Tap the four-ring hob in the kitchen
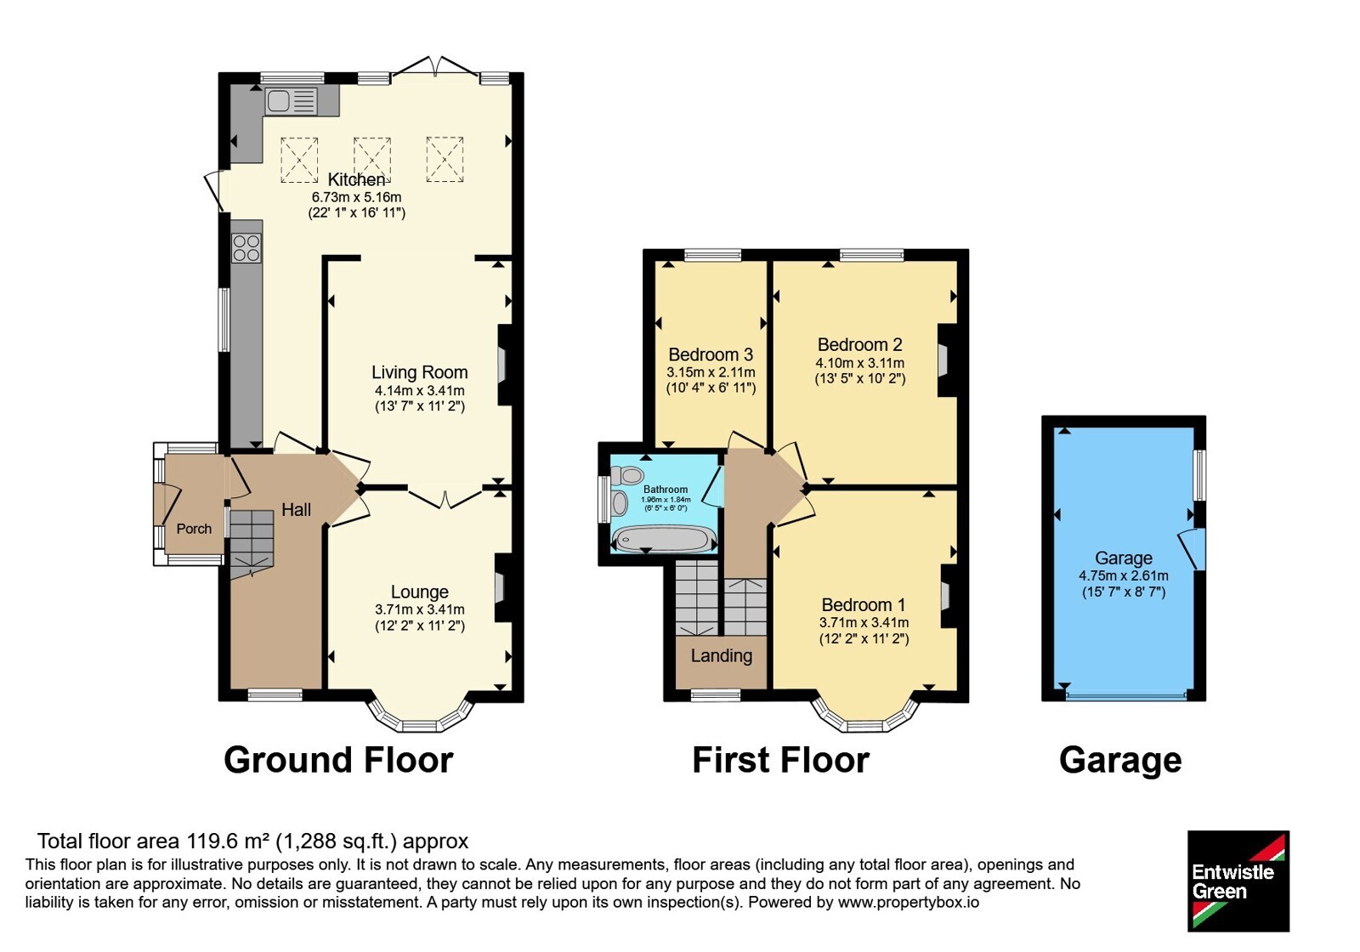point(246,247)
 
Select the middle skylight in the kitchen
point(372,160)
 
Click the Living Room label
point(420,372)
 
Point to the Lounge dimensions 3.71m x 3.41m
point(420,609)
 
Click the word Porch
point(195,529)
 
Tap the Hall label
point(297,510)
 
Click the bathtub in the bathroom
point(664,539)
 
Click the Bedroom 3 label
point(711,354)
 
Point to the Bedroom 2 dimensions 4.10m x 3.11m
point(859,363)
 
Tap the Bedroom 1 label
point(864,604)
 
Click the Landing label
point(722,655)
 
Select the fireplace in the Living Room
point(505,365)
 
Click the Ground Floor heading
point(339,760)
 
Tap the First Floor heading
point(781,760)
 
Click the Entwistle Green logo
point(1238,881)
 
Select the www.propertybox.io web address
point(909,902)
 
